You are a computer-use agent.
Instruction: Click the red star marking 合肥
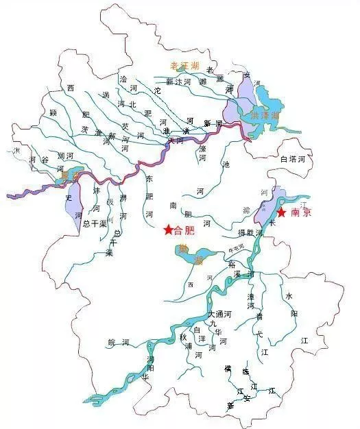click(x=168, y=229)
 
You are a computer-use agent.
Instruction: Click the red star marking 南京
click(x=280, y=213)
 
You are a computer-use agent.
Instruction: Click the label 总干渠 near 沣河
click(x=94, y=223)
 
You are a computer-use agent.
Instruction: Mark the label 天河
click(x=176, y=140)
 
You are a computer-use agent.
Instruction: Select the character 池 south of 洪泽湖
click(x=226, y=164)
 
